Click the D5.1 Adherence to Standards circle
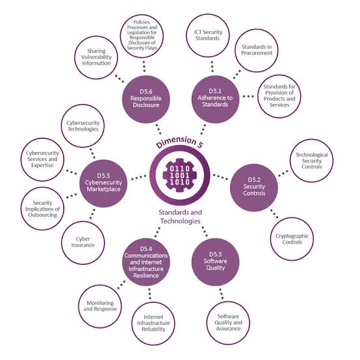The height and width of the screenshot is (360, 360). (215, 99)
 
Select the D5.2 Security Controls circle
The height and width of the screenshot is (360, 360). (254, 187)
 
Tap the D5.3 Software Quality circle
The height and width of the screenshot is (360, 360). (215, 262)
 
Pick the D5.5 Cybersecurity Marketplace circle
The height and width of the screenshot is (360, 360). (103, 183)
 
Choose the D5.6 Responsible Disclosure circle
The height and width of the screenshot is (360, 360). (146, 99)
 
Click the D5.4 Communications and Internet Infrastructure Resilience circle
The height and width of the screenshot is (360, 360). (146, 262)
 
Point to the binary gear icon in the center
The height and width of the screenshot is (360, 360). (179, 175)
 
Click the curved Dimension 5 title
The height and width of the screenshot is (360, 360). (179, 142)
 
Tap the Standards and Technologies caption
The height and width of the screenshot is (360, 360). (180, 216)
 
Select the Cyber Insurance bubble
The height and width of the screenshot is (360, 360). (83, 242)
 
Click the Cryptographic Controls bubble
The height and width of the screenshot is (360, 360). (292, 238)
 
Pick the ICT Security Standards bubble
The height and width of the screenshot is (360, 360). (208, 35)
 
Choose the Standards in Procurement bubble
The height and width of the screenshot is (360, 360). (257, 50)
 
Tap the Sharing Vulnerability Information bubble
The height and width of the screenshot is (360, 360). (96, 57)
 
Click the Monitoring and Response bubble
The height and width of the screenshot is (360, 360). (100, 306)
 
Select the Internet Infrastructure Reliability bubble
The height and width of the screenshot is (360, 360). (153, 323)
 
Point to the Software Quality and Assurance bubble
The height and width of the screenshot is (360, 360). (228, 323)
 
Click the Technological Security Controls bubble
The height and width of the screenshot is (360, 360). (311, 161)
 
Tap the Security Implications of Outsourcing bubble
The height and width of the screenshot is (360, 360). (42, 209)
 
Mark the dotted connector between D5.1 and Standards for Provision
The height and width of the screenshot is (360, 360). (248, 96)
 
